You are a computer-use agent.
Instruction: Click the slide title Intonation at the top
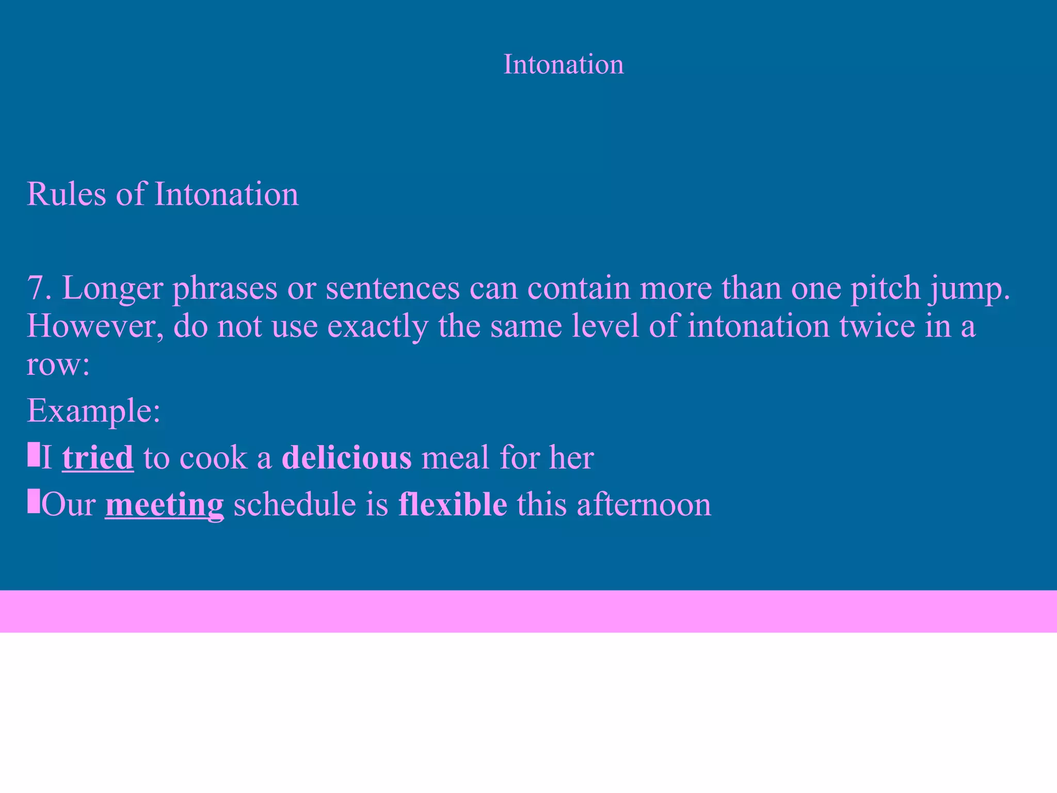point(563,65)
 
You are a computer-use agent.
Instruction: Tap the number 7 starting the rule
point(36,288)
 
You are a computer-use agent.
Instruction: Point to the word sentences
point(392,288)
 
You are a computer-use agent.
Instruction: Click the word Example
point(89,411)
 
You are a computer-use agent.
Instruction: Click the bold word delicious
point(347,457)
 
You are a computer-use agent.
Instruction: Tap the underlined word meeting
point(164,505)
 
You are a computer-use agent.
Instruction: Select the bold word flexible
point(453,504)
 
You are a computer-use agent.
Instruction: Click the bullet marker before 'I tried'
point(34,454)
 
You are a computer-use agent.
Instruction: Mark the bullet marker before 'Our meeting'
point(34,501)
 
